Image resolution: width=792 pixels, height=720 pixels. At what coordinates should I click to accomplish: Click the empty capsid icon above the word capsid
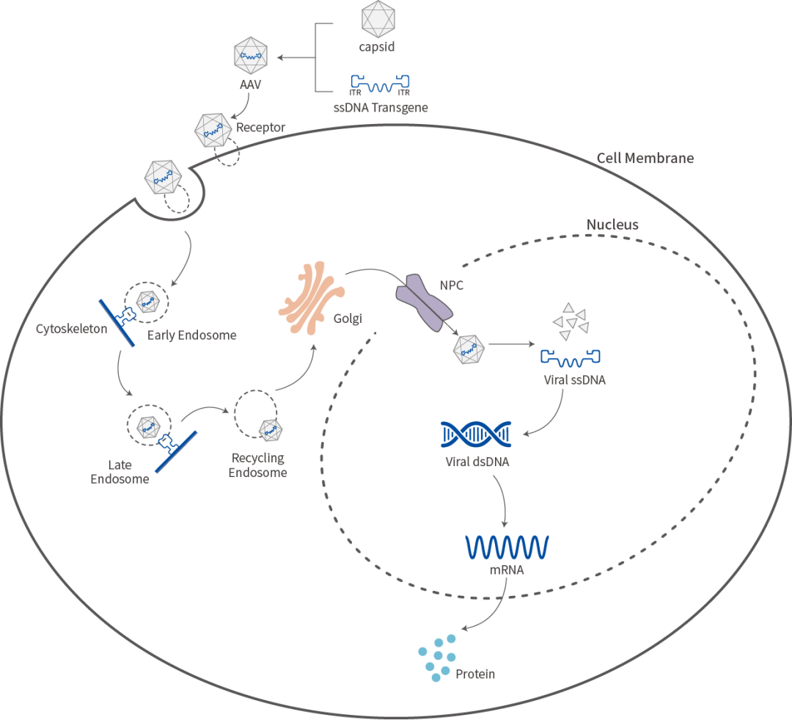tap(378, 18)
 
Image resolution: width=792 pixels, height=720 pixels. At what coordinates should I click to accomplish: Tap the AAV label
tap(251, 84)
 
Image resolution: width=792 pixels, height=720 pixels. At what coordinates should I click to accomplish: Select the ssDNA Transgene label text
tap(381, 108)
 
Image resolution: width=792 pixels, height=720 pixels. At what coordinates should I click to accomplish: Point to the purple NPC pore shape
tap(423, 303)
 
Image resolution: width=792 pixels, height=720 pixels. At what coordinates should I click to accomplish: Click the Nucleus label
tap(612, 225)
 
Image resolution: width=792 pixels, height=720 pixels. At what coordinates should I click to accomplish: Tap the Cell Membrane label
tap(645, 159)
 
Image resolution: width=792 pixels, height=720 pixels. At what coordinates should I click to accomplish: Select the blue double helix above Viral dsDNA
tap(476, 434)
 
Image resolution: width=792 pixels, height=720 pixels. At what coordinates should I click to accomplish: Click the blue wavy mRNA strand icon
tap(507, 547)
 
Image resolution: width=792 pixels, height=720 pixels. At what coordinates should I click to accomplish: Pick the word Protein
tap(475, 674)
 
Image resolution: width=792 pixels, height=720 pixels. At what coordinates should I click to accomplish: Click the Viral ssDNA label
tap(575, 380)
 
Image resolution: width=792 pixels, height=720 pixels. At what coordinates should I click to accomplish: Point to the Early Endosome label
tap(192, 335)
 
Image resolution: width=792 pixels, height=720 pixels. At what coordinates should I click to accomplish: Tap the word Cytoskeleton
tap(72, 329)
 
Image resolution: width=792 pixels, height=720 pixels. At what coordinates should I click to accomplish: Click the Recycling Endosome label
tap(257, 465)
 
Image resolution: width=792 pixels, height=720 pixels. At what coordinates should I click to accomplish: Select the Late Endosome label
tap(120, 472)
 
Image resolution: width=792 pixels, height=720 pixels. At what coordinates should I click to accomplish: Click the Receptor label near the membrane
tap(260, 128)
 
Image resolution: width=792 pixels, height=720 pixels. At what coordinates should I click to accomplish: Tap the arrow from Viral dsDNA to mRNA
tap(502, 501)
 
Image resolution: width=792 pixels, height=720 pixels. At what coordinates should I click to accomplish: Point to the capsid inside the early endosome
tap(148, 302)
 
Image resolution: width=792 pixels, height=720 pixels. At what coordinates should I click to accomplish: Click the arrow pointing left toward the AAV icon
tap(296, 58)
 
